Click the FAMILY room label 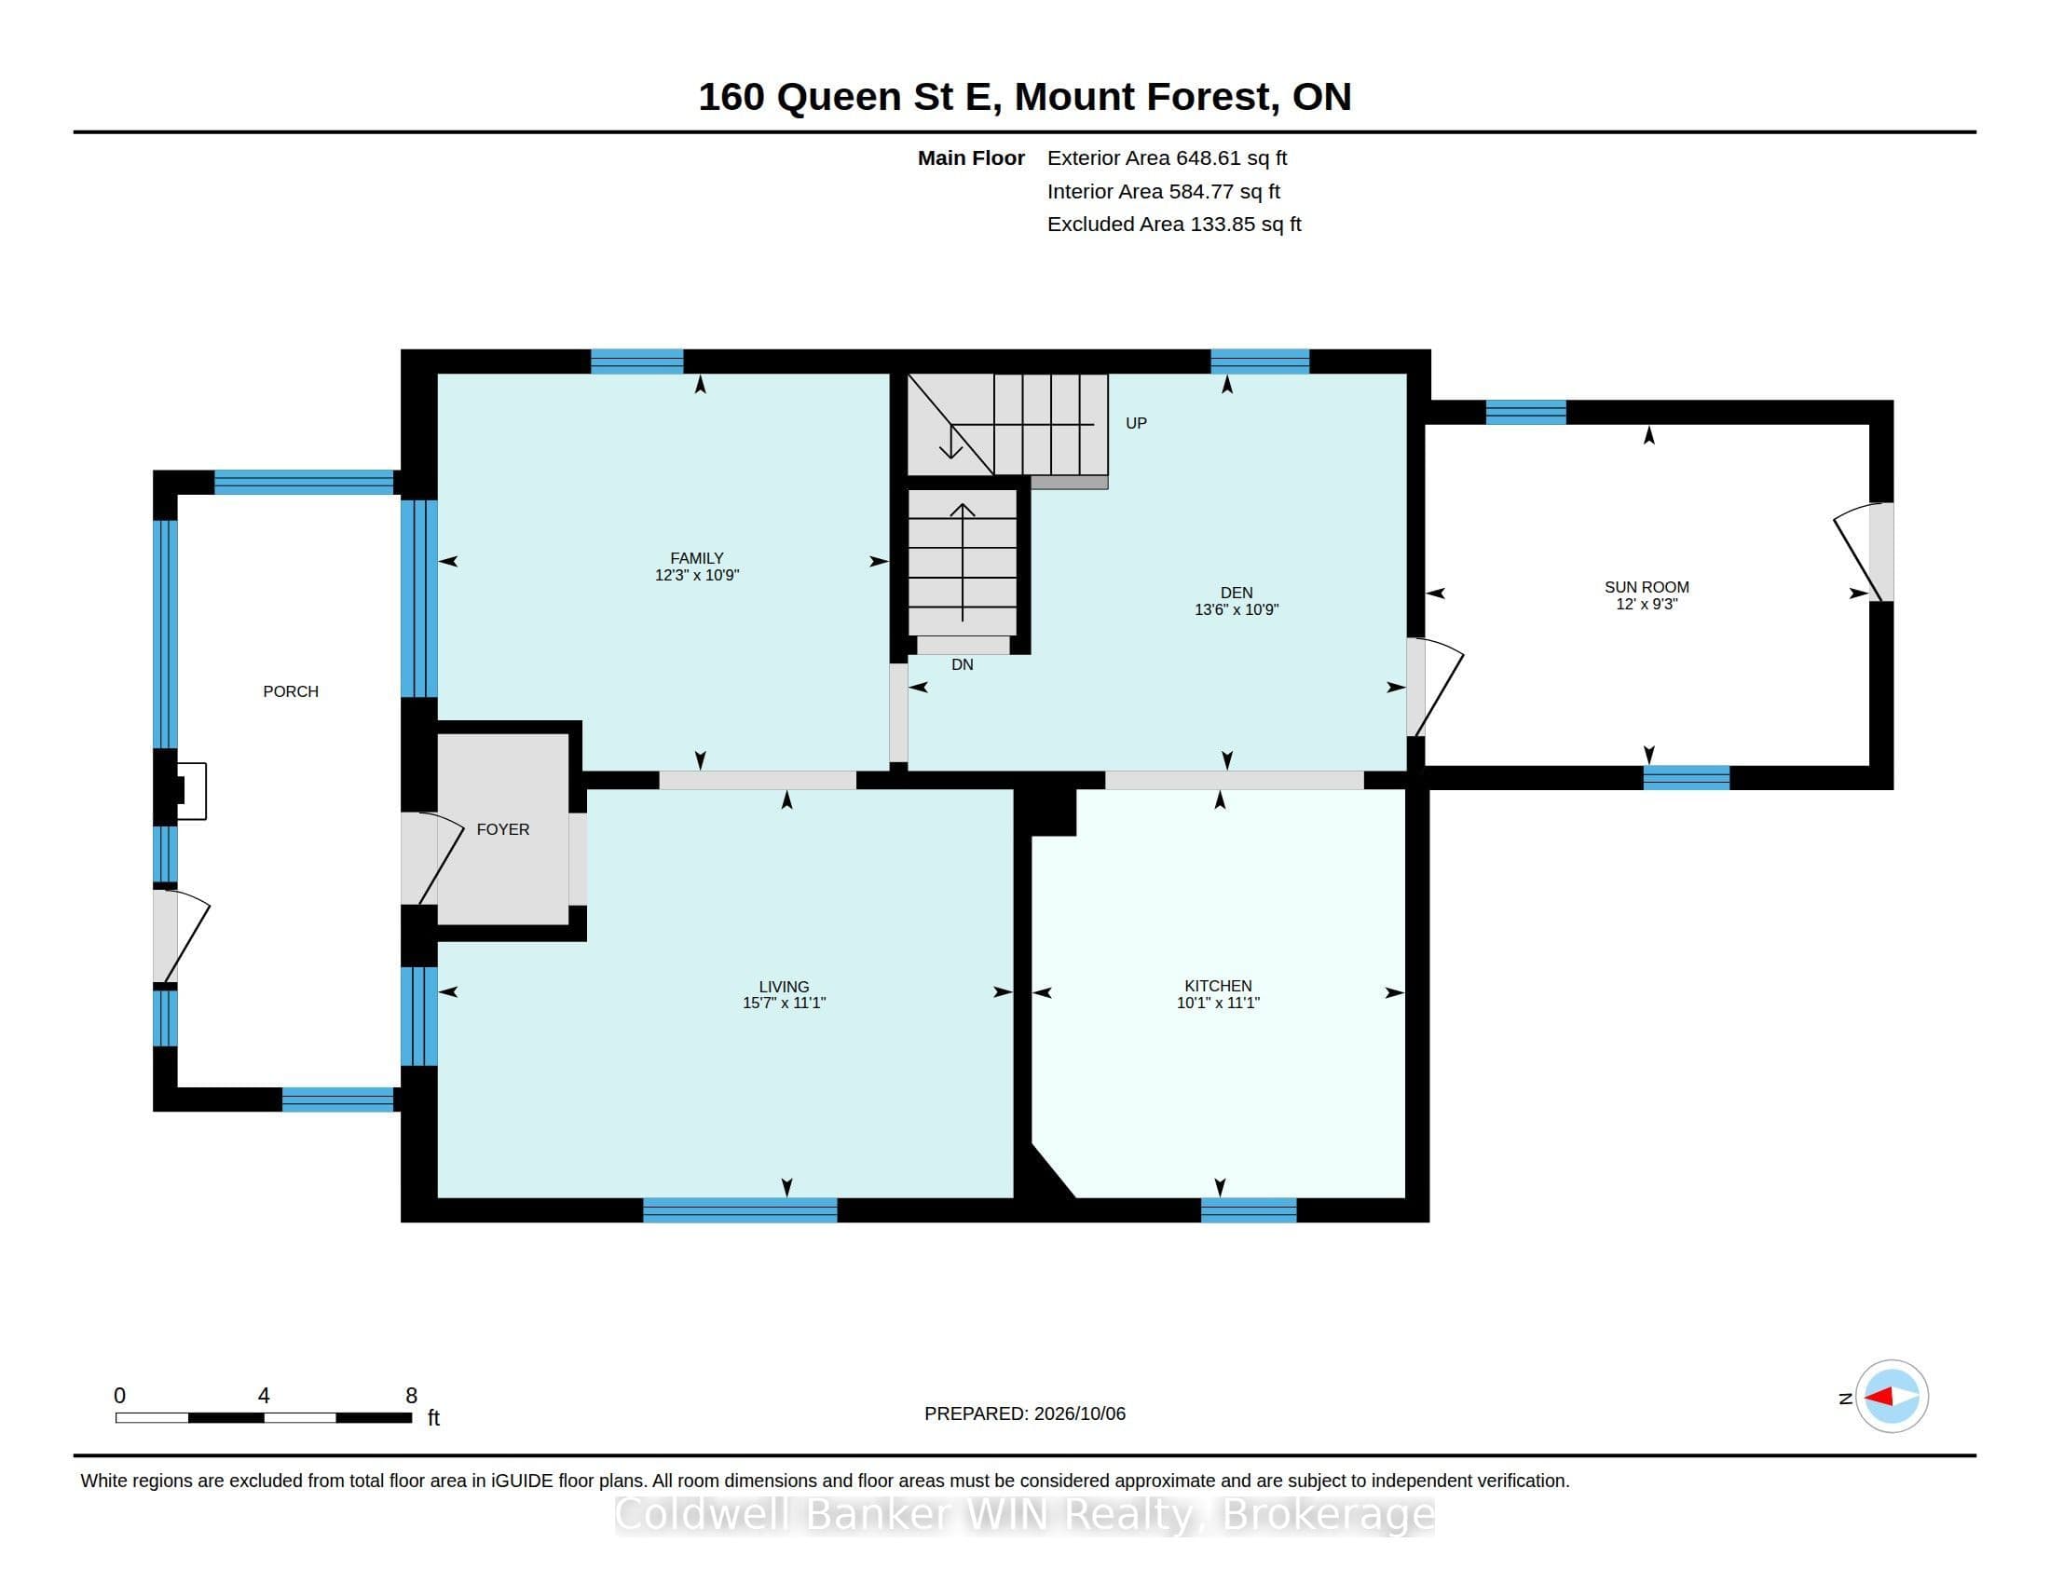click(696, 557)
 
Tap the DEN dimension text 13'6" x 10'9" click(1237, 609)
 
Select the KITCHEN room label click(1218, 985)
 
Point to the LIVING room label click(784, 986)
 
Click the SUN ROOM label click(1647, 586)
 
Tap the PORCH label click(291, 691)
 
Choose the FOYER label click(503, 829)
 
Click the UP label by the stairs click(1136, 423)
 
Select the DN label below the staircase click(963, 664)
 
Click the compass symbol click(1892, 1397)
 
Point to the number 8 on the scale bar click(411, 1396)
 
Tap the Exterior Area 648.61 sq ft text click(1167, 158)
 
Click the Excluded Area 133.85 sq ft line click(1174, 225)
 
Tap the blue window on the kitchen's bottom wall click(1249, 1210)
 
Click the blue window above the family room click(636, 362)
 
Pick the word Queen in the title click(840, 98)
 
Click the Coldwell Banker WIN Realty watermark click(1025, 1514)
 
